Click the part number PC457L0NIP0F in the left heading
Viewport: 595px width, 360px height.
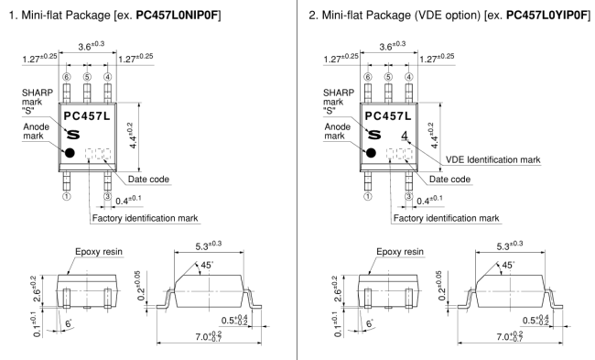[178, 16]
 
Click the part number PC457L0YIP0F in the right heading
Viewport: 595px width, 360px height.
[547, 16]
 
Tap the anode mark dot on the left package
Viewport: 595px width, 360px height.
[70, 153]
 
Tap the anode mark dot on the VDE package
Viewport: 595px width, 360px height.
[371, 153]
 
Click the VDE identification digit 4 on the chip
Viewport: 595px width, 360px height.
[405, 136]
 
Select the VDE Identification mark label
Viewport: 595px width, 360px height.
[492, 159]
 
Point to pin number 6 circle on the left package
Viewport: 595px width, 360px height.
[67, 77]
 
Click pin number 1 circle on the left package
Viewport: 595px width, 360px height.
[67, 196]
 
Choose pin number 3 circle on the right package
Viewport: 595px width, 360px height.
[408, 196]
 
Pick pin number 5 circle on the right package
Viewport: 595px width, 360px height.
[388, 77]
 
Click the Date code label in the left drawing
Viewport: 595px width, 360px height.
[148, 180]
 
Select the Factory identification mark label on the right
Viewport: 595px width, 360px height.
[447, 218]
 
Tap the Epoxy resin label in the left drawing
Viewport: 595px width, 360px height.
[99, 251]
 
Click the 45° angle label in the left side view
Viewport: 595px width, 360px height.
[207, 265]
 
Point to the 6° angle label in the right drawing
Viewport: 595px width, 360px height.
[369, 323]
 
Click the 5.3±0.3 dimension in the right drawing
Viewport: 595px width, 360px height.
[510, 245]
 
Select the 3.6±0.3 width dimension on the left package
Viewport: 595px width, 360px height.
[91, 46]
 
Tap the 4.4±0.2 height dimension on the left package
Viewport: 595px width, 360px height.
[131, 136]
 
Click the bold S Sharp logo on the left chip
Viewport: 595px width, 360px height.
[73, 135]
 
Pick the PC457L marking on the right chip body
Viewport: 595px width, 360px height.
[388, 115]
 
